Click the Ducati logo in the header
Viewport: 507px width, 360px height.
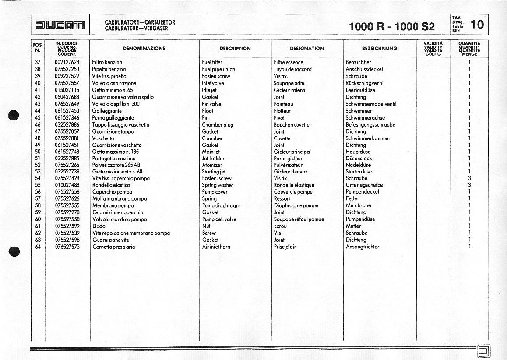(60, 25)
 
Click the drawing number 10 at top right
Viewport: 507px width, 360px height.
(477, 25)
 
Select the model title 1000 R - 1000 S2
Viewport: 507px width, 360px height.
(392, 27)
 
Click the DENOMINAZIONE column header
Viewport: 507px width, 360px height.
(144, 49)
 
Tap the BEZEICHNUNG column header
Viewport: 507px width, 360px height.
(379, 49)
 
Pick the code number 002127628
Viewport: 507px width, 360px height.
(67, 62)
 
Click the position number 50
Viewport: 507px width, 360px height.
(38, 152)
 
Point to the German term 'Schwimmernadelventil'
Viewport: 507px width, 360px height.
(371, 104)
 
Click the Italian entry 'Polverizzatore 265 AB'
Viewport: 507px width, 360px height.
(116, 165)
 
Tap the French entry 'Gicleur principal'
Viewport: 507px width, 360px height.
(292, 152)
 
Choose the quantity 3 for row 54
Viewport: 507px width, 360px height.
(469, 178)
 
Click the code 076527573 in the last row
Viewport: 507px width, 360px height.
(67, 247)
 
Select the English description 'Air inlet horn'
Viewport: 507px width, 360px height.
(216, 247)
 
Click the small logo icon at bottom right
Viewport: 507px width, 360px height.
(484, 351)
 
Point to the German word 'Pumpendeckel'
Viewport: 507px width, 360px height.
(363, 192)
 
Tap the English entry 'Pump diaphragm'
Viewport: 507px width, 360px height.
(221, 205)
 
